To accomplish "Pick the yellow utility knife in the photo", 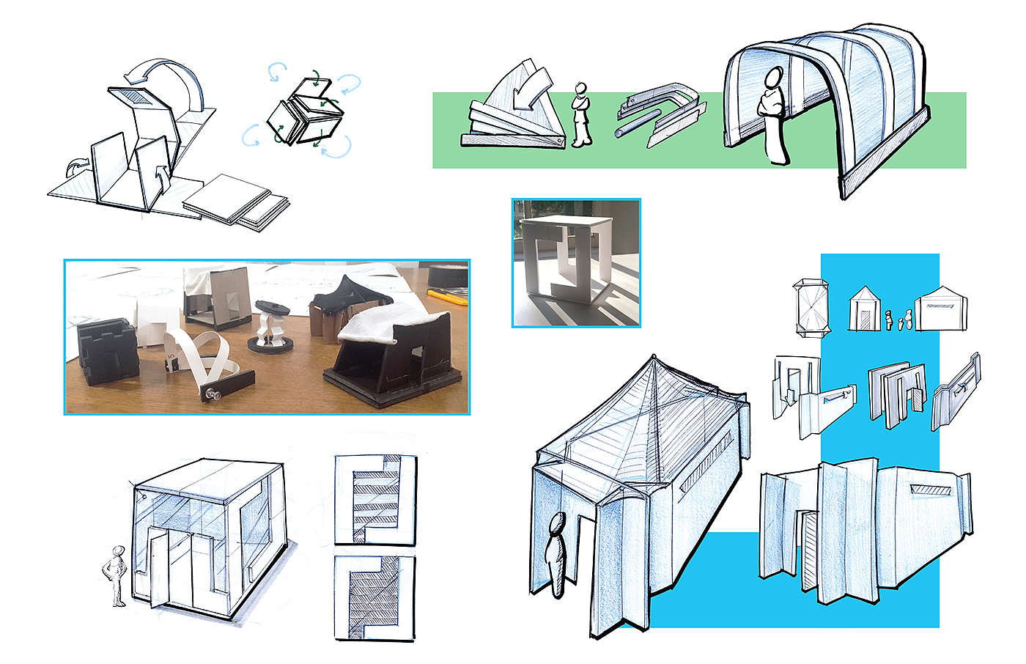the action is tap(449, 295).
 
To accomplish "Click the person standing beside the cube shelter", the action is tap(117, 576).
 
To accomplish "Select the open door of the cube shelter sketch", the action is tap(158, 569).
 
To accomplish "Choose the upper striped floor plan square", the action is tap(375, 500).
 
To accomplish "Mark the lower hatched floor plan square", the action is tap(374, 598).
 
